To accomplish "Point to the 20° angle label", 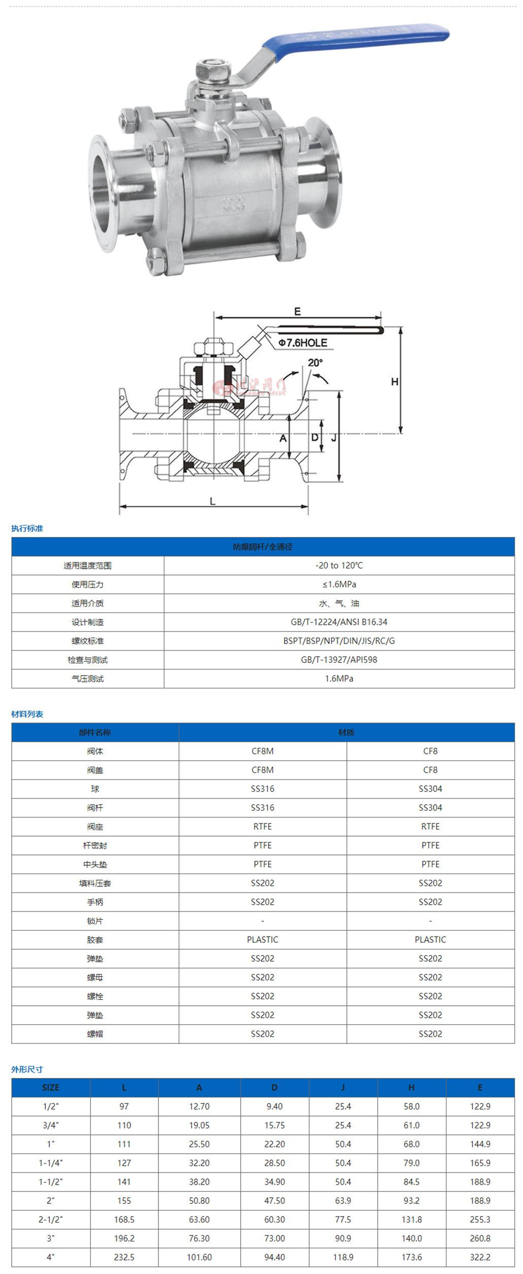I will (315, 363).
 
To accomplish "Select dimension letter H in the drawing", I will (395, 381).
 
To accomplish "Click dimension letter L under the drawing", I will (213, 501).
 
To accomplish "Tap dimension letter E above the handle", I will (298, 311).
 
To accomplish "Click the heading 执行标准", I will (27, 528).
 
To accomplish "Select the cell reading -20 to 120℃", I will (339, 565).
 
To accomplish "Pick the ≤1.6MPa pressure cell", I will (339, 584).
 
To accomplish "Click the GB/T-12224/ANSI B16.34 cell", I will (339, 622).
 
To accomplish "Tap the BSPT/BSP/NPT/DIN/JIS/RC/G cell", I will (339, 641).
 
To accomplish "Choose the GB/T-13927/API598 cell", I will (339, 659).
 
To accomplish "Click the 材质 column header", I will (346, 732).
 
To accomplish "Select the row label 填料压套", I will (95, 883).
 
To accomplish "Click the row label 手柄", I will (95, 902).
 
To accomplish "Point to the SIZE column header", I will (51, 1087).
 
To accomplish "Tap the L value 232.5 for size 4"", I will (124, 1257).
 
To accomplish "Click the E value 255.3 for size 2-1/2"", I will (480, 1219).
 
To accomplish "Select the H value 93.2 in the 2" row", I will (411, 1200).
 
